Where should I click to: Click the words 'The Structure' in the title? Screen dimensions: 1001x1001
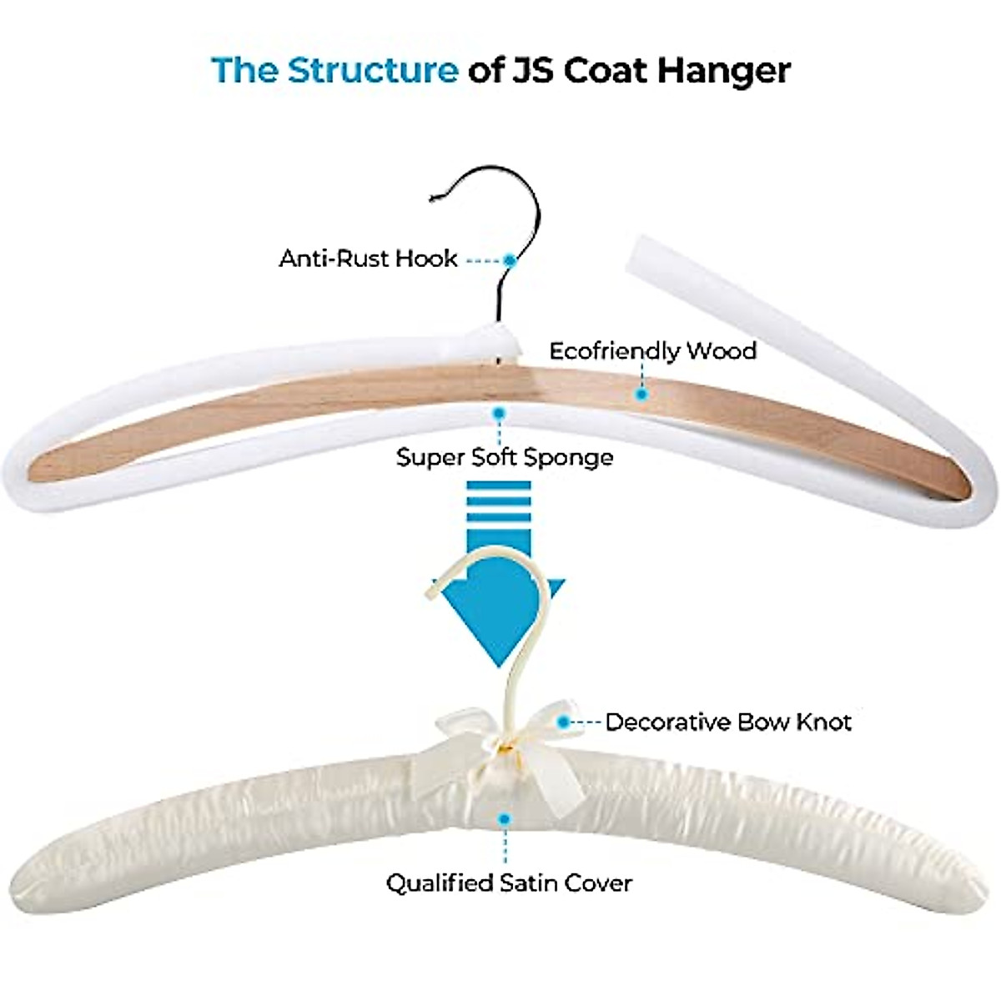pos(335,70)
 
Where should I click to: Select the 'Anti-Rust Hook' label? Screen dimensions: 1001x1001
pos(368,259)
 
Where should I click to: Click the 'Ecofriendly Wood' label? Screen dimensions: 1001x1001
pos(652,350)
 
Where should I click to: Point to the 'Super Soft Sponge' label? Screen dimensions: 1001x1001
pos(505,457)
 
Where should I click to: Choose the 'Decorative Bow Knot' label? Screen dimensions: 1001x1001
pos(727,722)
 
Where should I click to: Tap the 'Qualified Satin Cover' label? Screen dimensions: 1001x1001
pos(509,883)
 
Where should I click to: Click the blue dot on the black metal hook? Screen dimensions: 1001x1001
pos(510,260)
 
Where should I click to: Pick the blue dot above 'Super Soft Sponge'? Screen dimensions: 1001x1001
pos(499,412)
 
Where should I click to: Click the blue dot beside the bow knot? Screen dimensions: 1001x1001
pos(565,722)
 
